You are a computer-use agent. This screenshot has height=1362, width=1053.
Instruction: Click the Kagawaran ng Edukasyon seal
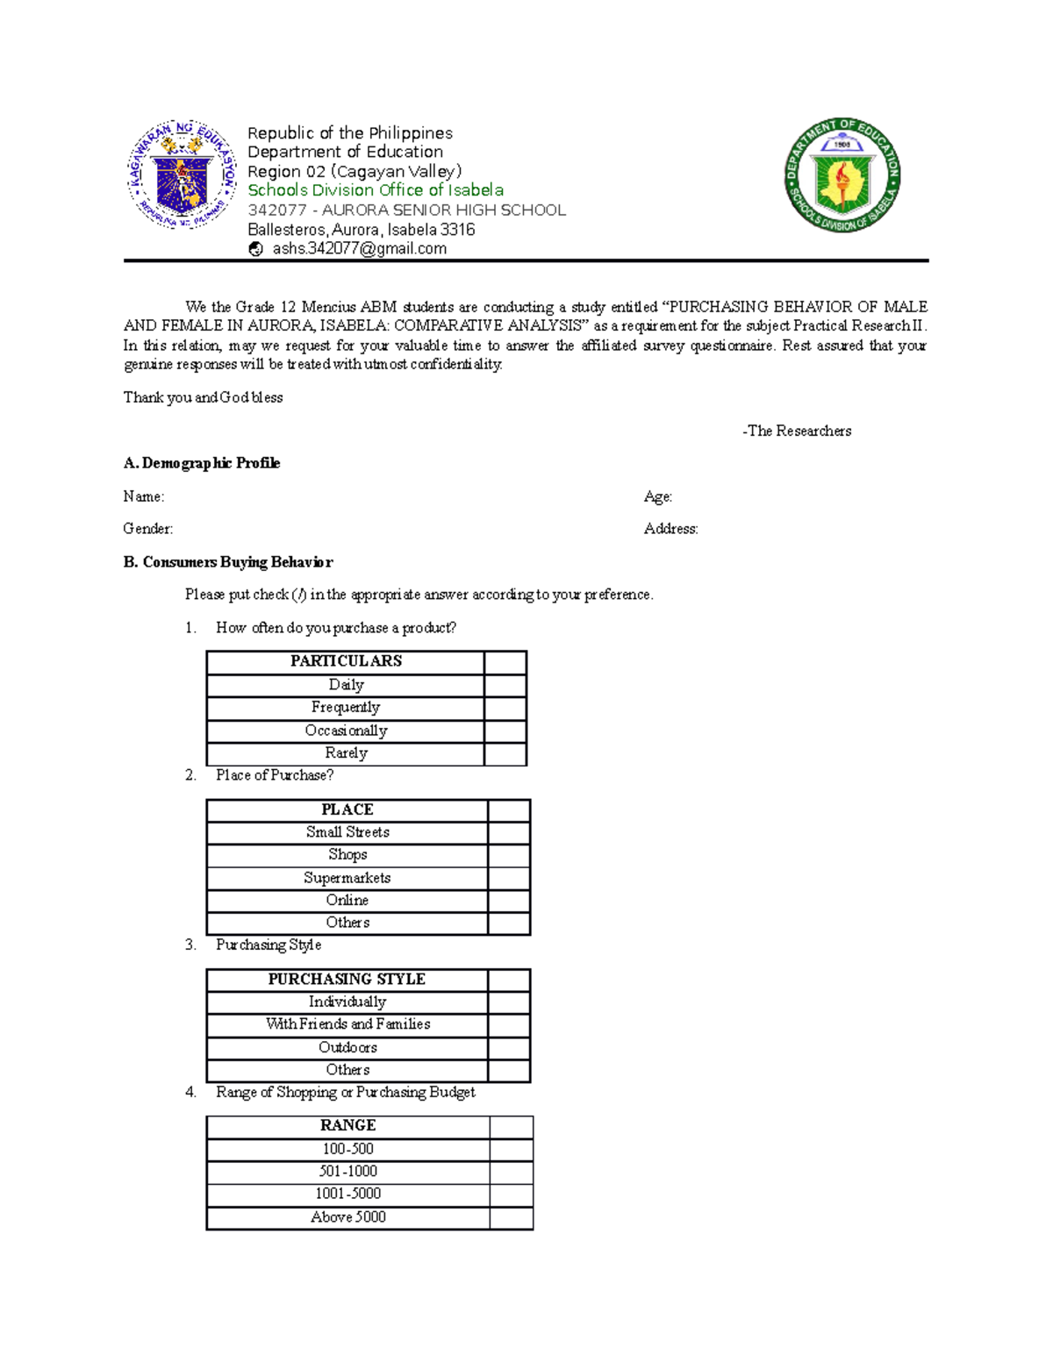click(x=183, y=175)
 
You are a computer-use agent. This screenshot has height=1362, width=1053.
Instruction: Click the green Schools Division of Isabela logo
click(x=842, y=175)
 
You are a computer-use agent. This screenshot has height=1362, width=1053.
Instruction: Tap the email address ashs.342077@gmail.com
click(x=359, y=249)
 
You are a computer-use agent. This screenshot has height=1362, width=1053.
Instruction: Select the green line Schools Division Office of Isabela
click(x=376, y=190)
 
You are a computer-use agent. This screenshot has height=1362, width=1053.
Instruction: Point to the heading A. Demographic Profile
click(x=202, y=463)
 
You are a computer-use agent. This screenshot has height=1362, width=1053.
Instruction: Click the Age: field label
click(x=658, y=496)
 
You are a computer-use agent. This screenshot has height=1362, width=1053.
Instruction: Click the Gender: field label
click(x=148, y=529)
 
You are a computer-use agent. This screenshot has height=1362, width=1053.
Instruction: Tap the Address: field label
click(x=671, y=529)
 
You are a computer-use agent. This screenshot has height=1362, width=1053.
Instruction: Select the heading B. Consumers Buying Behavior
click(x=228, y=562)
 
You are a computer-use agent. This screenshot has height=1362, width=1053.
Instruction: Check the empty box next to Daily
click(x=505, y=686)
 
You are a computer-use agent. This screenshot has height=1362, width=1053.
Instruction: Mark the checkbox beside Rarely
click(x=505, y=754)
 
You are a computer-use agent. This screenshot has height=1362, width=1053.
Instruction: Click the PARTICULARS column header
click(x=346, y=662)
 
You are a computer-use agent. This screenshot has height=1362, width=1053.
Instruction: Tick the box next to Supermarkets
click(x=509, y=879)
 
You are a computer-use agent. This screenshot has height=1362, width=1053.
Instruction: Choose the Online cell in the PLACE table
click(x=347, y=901)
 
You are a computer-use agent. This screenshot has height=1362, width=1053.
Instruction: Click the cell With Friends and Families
click(x=347, y=1025)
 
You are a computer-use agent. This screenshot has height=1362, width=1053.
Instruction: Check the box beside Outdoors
click(x=509, y=1048)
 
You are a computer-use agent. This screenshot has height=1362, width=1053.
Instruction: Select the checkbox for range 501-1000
click(x=512, y=1172)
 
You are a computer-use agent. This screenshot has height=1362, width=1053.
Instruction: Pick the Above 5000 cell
click(x=347, y=1217)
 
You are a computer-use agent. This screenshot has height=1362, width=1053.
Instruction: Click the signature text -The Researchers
click(x=797, y=431)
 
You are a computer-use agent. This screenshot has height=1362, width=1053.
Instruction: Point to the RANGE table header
click(x=347, y=1126)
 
